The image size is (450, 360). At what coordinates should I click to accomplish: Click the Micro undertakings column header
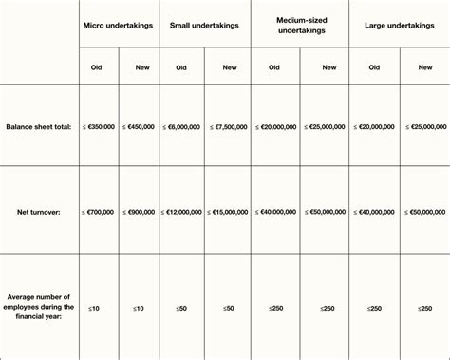point(119,23)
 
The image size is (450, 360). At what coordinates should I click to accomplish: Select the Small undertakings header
point(203,23)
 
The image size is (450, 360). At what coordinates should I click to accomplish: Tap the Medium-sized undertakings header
point(300,23)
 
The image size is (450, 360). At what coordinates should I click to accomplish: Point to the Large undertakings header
point(399,23)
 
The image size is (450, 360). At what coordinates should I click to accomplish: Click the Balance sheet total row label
point(39,126)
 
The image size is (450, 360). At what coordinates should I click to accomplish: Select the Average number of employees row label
point(39,308)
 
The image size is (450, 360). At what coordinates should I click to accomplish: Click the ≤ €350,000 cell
point(99,126)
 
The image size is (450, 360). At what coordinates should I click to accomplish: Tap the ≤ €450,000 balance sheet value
point(140,126)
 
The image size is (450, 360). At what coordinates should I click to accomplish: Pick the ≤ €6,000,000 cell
point(181,126)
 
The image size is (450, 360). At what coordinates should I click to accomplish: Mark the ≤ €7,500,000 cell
point(229,126)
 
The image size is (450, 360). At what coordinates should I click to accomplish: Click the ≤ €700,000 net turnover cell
point(99,212)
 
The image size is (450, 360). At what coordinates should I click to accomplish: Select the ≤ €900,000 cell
point(140,212)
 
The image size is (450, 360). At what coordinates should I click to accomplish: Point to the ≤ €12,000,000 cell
point(181,212)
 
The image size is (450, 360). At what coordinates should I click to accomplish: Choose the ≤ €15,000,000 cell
point(229,212)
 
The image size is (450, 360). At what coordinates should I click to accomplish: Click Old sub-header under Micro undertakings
point(97,67)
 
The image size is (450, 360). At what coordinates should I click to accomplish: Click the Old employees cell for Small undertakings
point(181,308)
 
